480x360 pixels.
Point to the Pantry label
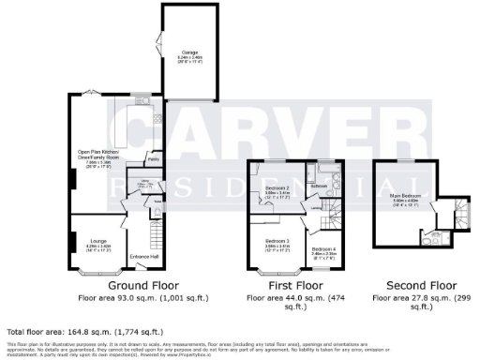[x=152, y=161]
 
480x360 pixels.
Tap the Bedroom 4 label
[x=324, y=248]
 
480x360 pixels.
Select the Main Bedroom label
[x=405, y=196]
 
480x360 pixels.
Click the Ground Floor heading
[x=145, y=285]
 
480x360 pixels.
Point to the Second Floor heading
[x=418, y=285]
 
